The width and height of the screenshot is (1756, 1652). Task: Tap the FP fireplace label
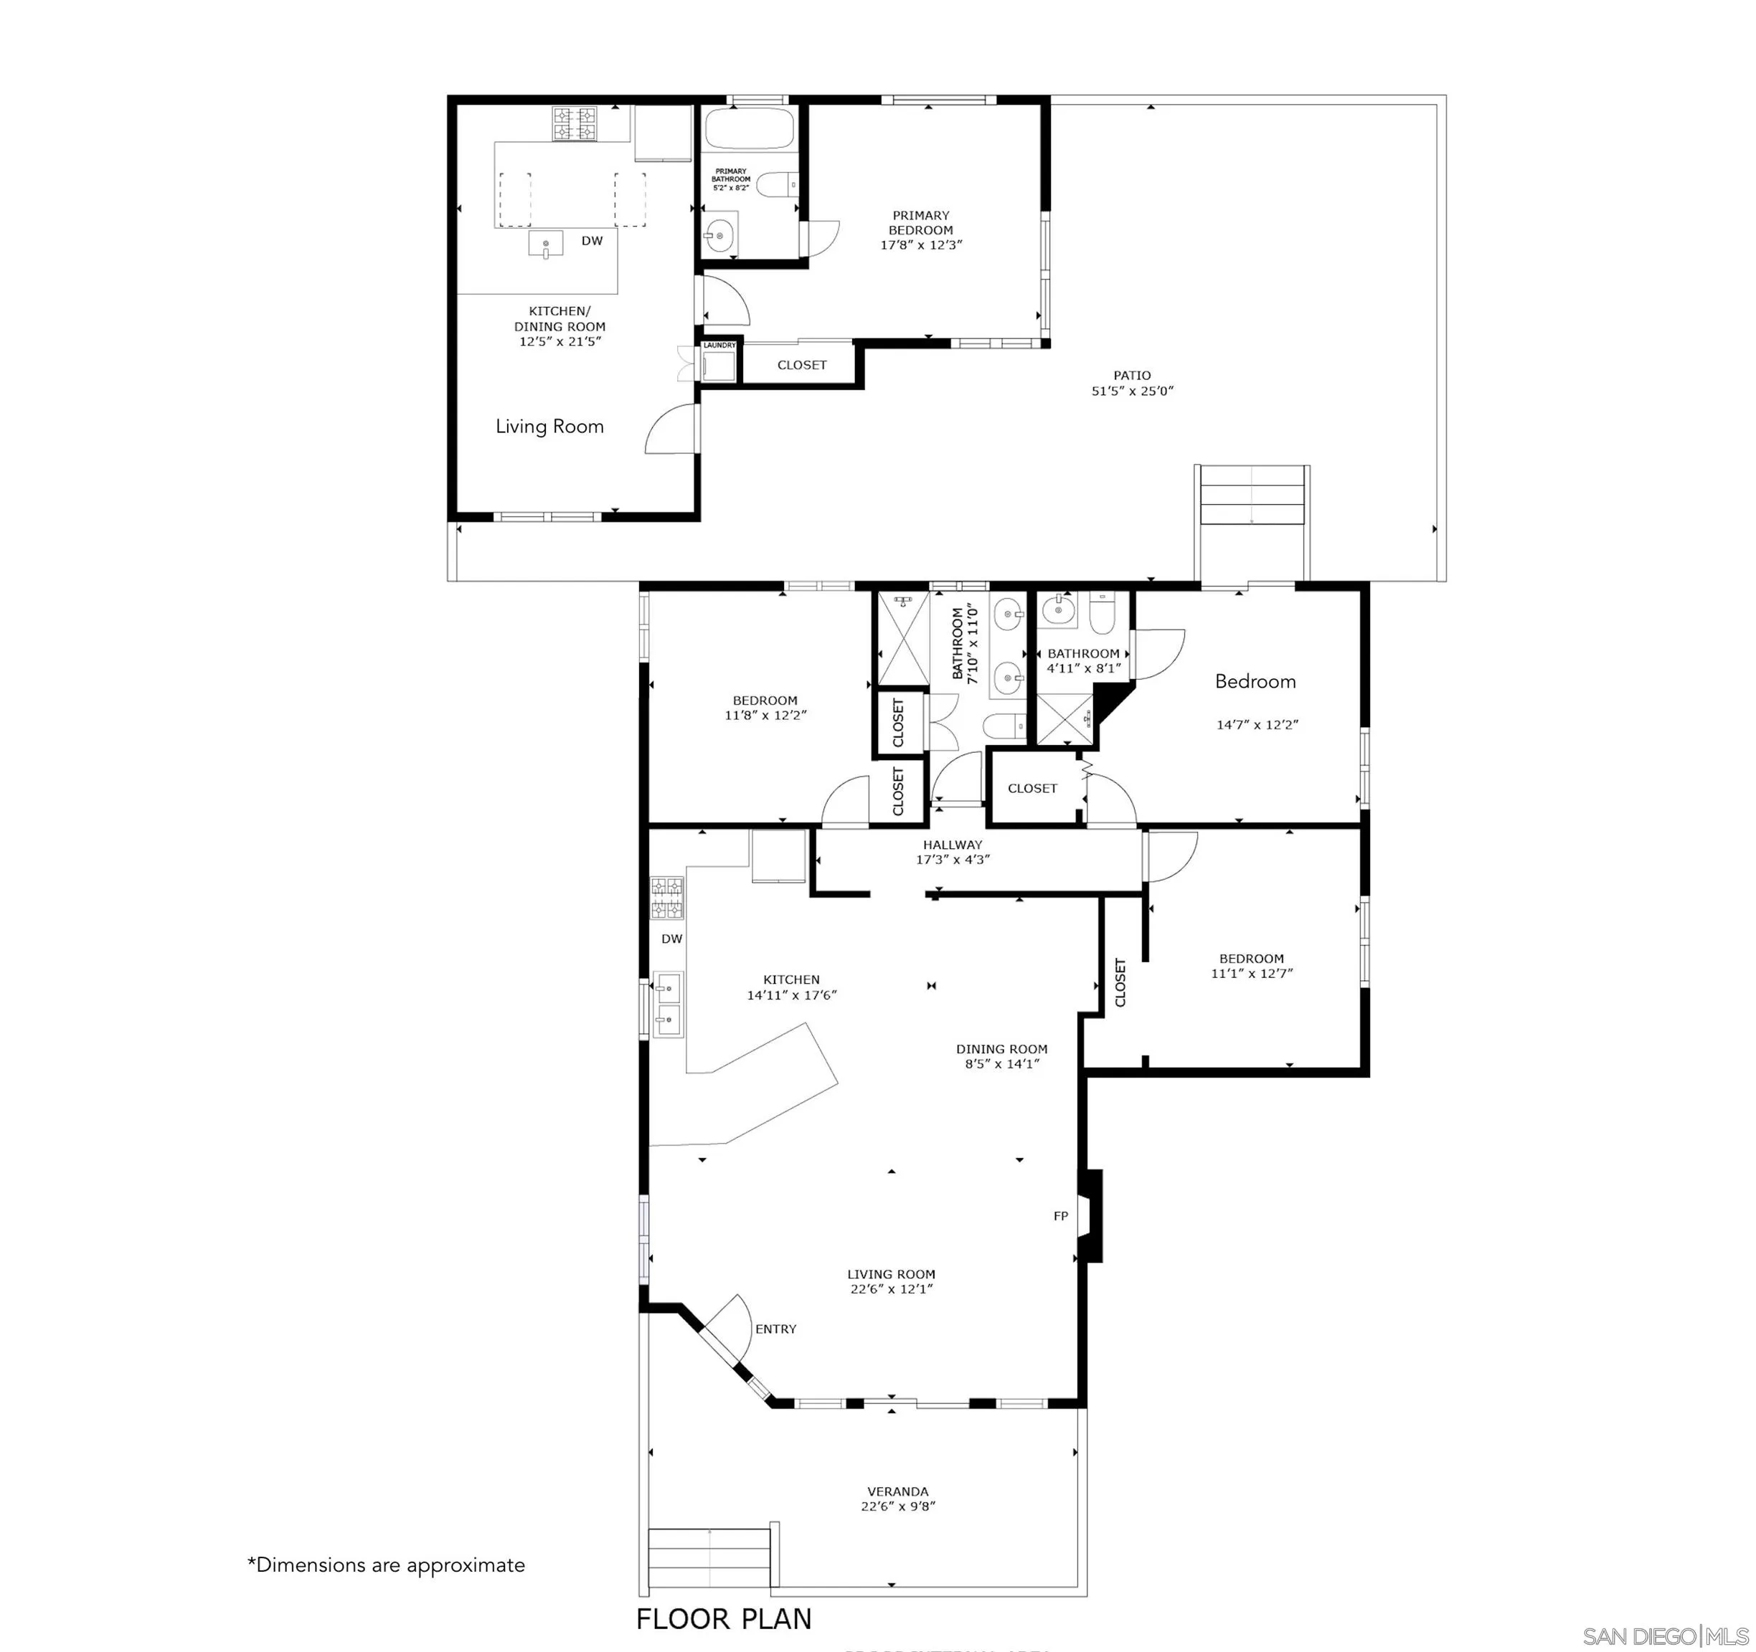1061,1217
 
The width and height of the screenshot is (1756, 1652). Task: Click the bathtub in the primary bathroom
750,129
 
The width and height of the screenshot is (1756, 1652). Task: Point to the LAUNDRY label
719,345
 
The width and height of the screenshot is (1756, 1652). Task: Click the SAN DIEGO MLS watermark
1664,1636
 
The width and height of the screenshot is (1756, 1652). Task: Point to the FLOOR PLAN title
724,1619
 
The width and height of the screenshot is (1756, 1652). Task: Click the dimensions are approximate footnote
386,1565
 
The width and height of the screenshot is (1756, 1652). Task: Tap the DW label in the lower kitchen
671,939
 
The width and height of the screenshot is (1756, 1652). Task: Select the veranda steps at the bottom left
709,1560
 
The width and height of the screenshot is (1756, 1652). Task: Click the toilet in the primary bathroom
775,184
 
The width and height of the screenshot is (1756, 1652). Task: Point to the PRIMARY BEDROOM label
920,222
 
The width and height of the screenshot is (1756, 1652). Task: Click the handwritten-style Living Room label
549,427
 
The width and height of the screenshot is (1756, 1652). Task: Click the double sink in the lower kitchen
668,1004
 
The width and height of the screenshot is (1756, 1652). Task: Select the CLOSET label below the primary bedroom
801,366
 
